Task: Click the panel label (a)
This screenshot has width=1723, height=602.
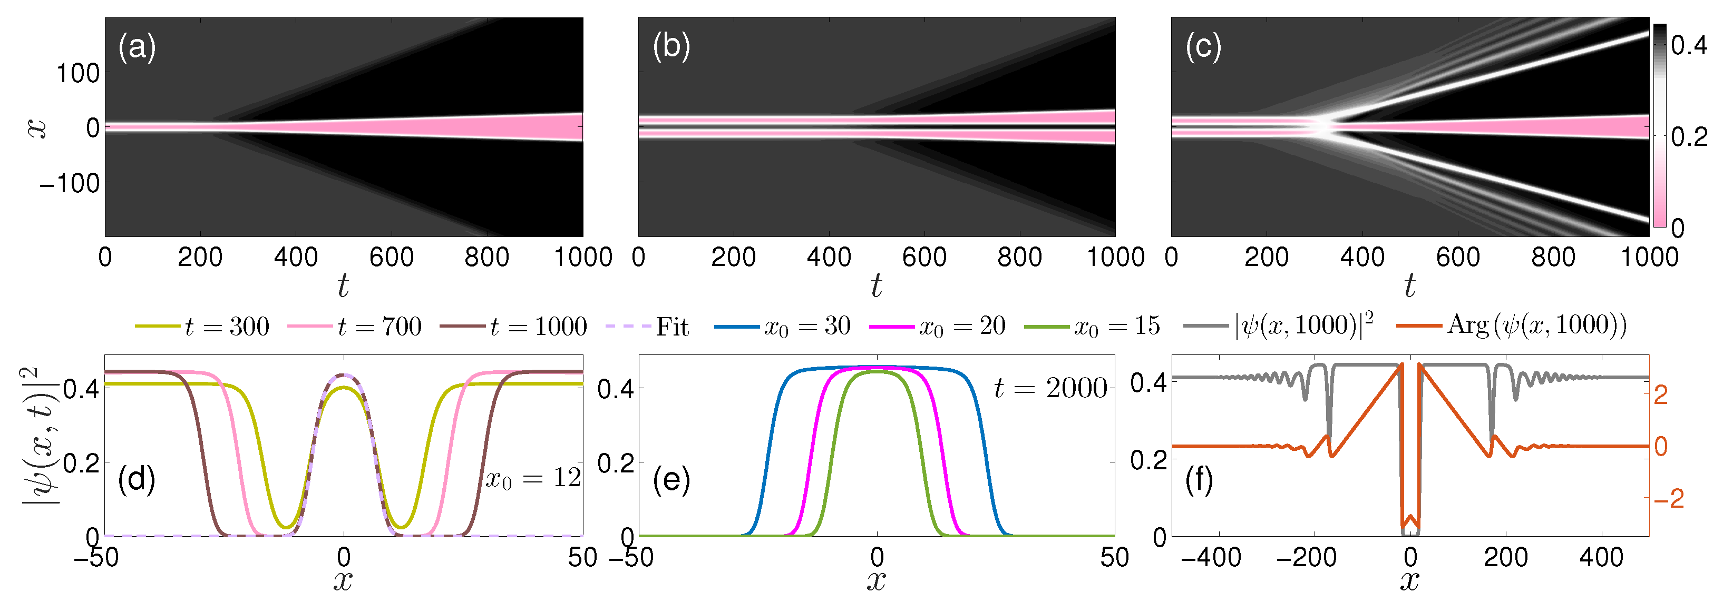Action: pos(137,47)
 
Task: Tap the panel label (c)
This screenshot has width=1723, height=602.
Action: pos(1203,47)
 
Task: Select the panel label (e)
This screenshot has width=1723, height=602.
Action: pos(671,480)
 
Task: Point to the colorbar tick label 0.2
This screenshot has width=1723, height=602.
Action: pos(1688,137)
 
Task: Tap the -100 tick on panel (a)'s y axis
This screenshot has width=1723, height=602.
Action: pos(70,183)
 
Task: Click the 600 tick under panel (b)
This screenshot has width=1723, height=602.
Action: pos(924,257)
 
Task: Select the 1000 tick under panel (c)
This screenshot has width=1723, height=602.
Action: pos(1649,257)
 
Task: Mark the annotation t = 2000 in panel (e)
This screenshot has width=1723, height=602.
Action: pos(1050,388)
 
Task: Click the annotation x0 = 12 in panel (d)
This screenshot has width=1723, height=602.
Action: pos(532,479)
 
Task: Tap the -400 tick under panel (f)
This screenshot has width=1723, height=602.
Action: pos(1211,557)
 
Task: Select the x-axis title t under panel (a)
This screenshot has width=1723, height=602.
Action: pos(343,285)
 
